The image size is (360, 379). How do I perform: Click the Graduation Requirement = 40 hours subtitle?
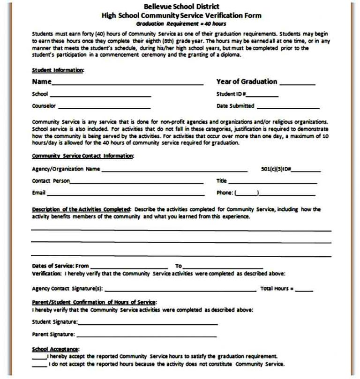pyautogui.click(x=181, y=23)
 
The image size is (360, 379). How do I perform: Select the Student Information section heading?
pyautogui.click(x=58, y=70)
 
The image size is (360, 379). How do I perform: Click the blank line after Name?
pyautogui.click(x=127, y=84)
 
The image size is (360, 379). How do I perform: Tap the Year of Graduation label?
pyautogui.click(x=247, y=82)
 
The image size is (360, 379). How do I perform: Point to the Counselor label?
pyautogui.click(x=44, y=106)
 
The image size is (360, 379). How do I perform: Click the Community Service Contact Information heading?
pyautogui.click(x=82, y=156)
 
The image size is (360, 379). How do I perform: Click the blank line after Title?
pyautogui.click(x=273, y=182)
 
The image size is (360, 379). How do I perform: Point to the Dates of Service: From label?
pyautogui.click(x=60, y=266)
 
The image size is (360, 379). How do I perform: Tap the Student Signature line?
pyautogui.click(x=148, y=324)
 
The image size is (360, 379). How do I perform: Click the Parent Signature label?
pyautogui.click(x=53, y=334)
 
